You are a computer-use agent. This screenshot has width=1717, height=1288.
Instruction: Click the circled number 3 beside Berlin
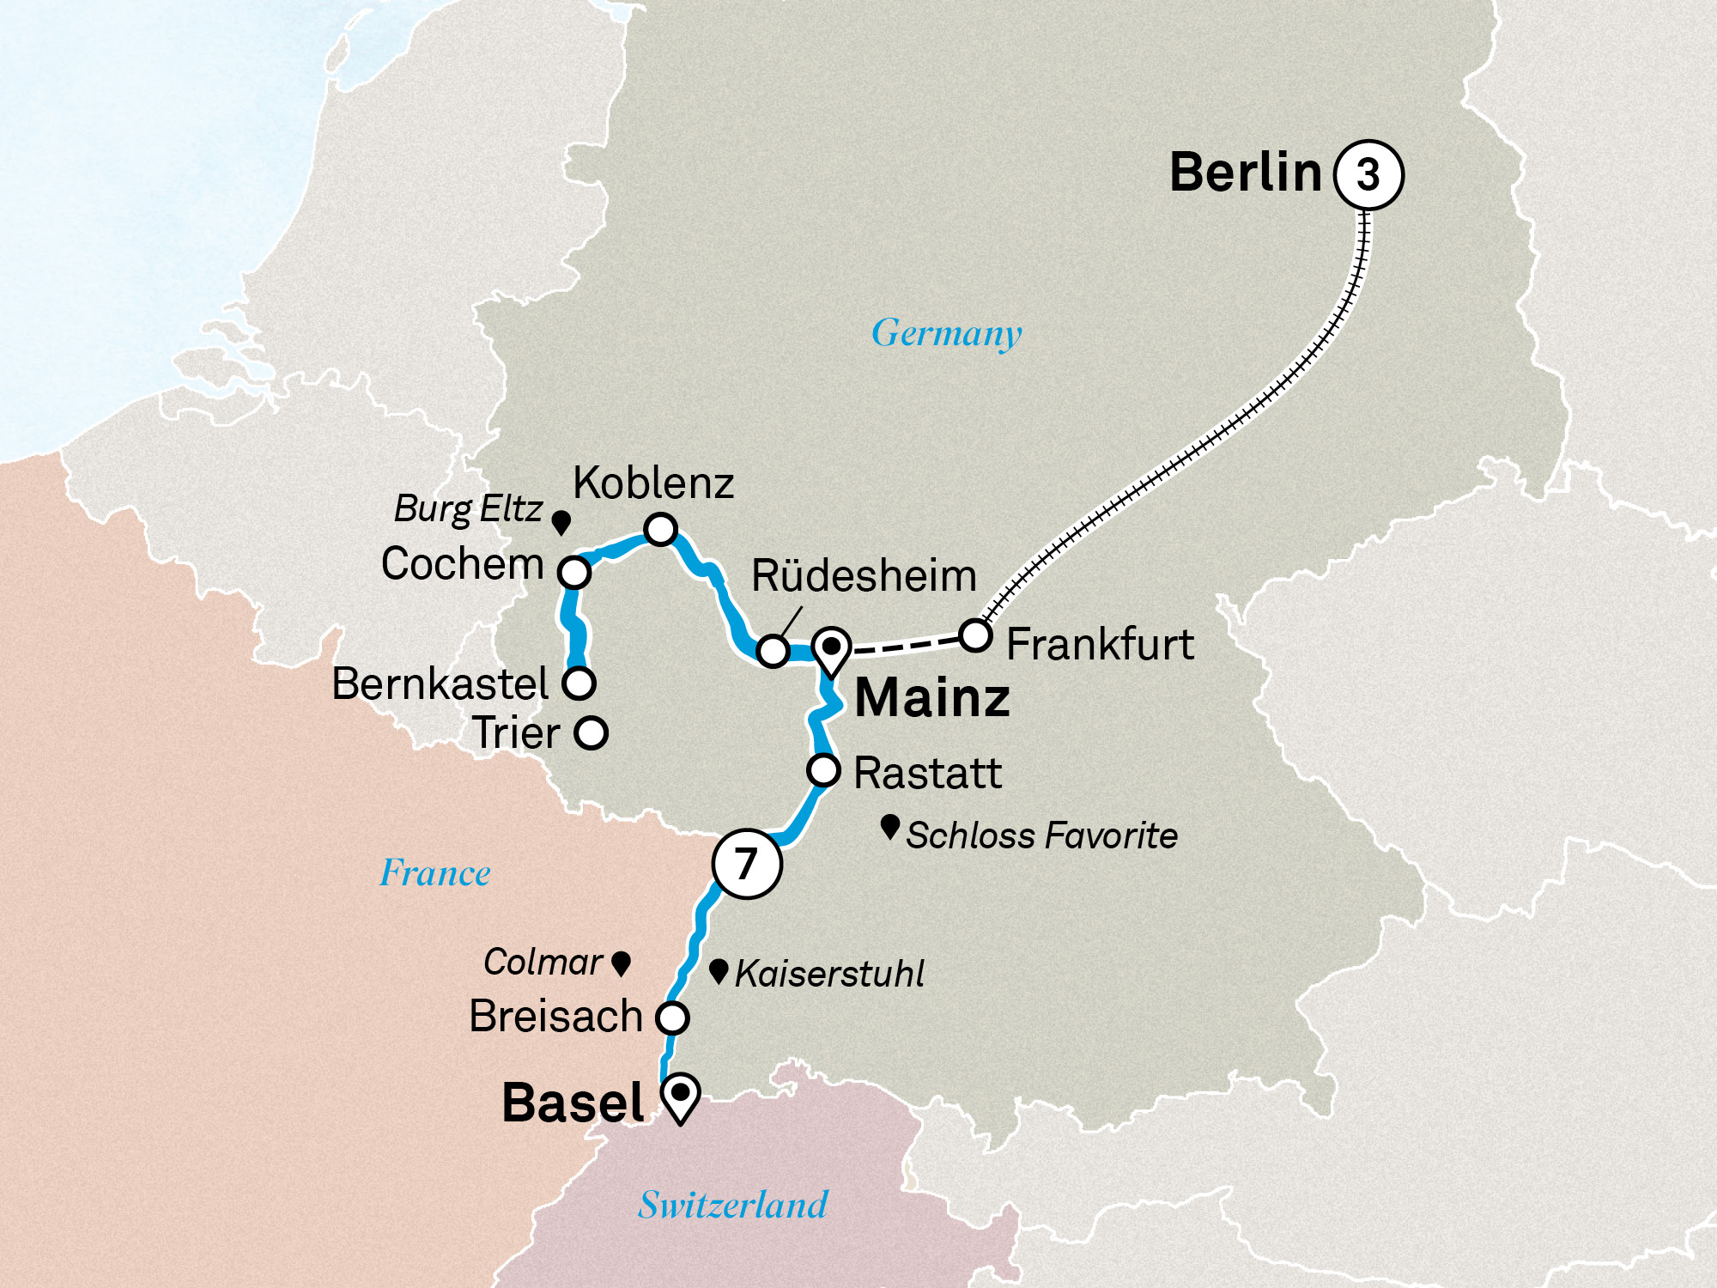click(x=1368, y=174)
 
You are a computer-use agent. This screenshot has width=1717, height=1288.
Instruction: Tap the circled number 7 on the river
click(x=747, y=864)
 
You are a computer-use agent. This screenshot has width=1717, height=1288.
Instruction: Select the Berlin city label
click(x=1246, y=172)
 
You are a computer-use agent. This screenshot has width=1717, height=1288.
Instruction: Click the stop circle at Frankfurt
click(x=975, y=635)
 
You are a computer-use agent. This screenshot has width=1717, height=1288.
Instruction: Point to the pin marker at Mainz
click(x=832, y=650)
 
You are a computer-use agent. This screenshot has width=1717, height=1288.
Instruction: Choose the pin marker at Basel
click(x=681, y=1097)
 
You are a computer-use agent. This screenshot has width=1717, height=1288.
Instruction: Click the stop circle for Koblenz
click(x=660, y=529)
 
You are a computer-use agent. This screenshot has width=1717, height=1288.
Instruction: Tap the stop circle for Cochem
click(x=574, y=572)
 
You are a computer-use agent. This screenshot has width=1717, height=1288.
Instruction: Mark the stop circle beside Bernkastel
click(x=579, y=683)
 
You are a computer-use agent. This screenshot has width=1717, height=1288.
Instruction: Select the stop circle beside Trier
click(x=591, y=733)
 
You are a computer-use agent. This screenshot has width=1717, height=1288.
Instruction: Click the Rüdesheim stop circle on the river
click(x=773, y=651)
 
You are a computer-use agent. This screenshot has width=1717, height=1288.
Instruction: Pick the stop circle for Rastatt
click(x=823, y=769)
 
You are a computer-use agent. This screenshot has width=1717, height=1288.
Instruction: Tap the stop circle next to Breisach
click(x=672, y=1018)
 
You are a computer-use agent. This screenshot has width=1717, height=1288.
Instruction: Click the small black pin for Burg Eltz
click(x=561, y=522)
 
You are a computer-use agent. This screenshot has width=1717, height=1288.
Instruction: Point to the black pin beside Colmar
click(x=621, y=963)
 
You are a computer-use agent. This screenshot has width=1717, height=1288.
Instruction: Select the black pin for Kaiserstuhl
click(x=719, y=971)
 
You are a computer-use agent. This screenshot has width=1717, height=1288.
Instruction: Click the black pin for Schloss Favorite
click(x=890, y=827)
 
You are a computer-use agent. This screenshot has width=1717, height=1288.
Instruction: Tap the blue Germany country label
click(x=946, y=333)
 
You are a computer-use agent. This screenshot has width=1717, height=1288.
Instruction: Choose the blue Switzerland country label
click(x=732, y=1205)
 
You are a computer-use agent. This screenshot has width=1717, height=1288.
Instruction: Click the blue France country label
click(x=435, y=873)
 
